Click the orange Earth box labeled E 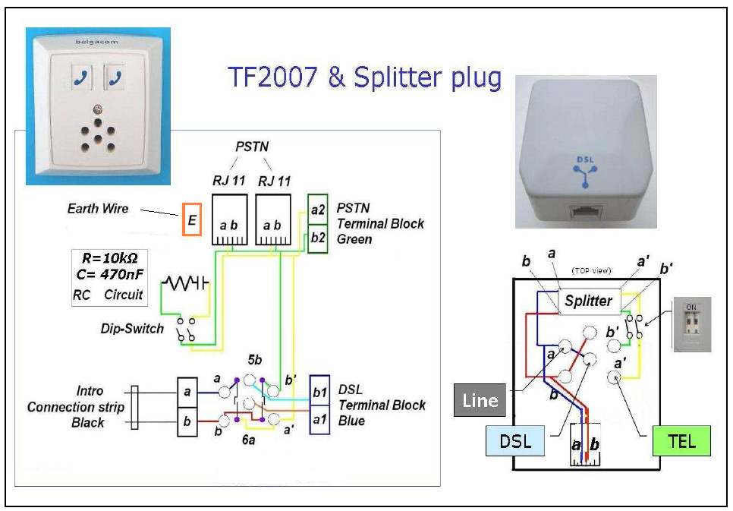pos(192,219)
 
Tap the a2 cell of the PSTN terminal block pos(317,209)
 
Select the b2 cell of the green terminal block pos(317,238)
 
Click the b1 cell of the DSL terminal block pos(319,391)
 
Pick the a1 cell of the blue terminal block pos(319,420)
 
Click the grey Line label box pos(480,400)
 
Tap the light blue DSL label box pos(515,441)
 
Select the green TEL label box pos(681,441)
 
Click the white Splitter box pos(590,301)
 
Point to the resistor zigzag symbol pos(181,282)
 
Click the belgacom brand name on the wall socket pos(96,42)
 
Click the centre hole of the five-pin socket pos(98,139)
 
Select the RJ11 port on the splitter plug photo pos(587,213)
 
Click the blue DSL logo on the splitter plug pos(585,172)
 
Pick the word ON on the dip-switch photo pos(691,307)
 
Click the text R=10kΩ pos(109,258)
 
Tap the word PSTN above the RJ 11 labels pos(252,147)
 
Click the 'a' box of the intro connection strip pos(187,392)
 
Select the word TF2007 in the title pos(272,77)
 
